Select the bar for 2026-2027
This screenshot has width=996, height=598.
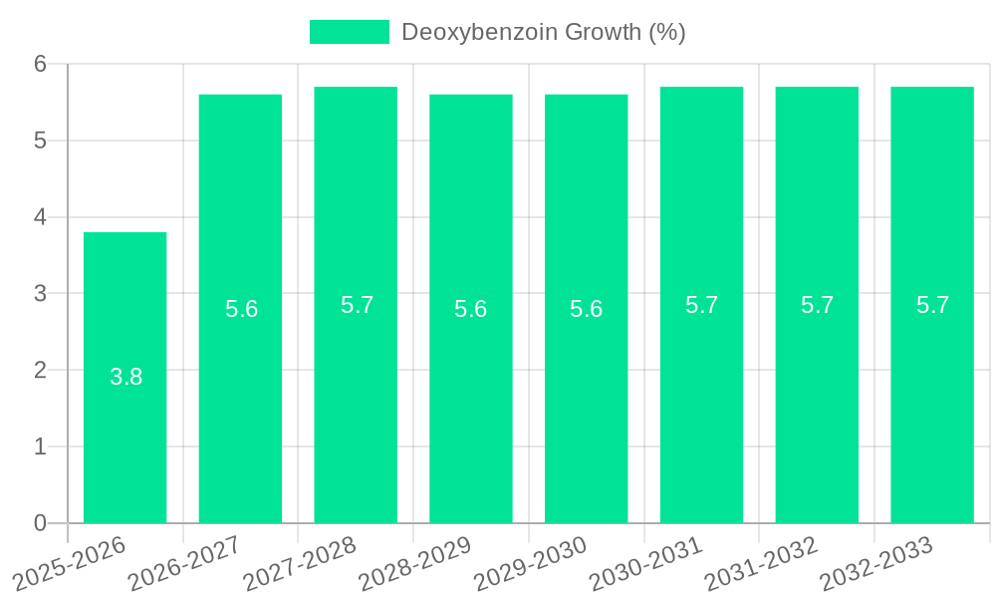(x=240, y=399)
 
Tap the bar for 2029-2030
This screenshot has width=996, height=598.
(x=586, y=399)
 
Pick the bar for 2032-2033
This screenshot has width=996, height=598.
(x=932, y=399)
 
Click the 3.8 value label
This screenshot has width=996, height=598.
(x=125, y=378)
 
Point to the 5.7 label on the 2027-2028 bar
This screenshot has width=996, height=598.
(x=357, y=305)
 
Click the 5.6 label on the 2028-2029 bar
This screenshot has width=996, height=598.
(x=470, y=309)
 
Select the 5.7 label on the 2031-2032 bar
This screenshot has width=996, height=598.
(x=817, y=305)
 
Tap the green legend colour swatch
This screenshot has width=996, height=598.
(x=349, y=32)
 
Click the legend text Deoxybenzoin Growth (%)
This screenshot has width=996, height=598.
(x=543, y=32)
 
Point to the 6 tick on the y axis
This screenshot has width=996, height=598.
(x=40, y=64)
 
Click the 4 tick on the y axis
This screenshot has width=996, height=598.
(x=40, y=217)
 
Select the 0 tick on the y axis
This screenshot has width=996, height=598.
(x=40, y=523)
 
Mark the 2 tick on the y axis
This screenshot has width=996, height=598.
(x=40, y=370)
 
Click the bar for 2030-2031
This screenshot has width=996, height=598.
(x=701, y=399)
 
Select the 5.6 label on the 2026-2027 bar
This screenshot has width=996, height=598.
(x=241, y=309)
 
